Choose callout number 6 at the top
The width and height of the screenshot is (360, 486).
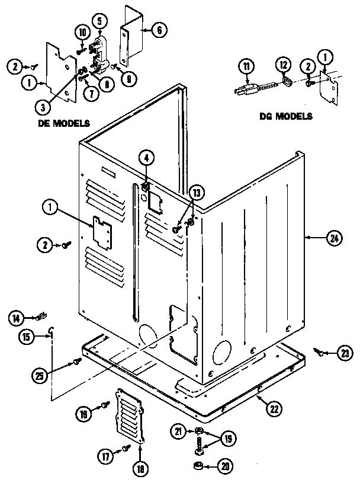click(x=158, y=30)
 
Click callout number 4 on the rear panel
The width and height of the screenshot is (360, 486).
click(x=146, y=158)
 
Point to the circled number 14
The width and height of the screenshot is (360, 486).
click(x=17, y=319)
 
